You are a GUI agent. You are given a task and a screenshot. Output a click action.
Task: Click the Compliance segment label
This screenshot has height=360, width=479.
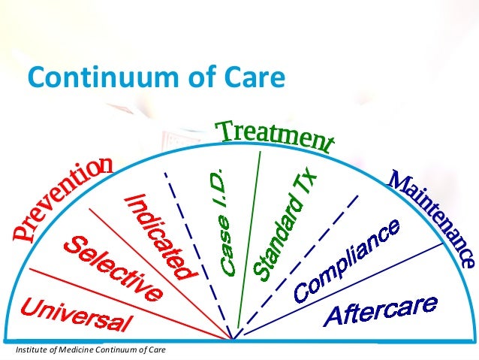346,260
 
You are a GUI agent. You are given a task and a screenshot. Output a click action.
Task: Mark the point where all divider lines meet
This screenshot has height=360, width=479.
233,340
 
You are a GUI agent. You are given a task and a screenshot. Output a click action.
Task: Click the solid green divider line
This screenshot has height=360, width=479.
248,241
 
